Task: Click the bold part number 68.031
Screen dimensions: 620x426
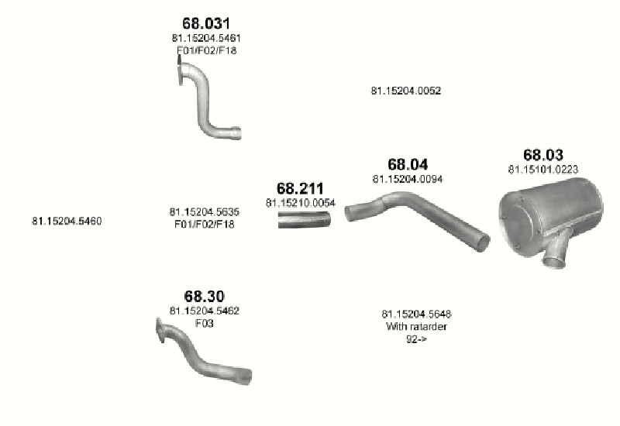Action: click(x=206, y=23)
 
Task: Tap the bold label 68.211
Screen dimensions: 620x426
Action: click(x=300, y=188)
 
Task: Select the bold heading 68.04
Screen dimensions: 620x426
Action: click(x=408, y=164)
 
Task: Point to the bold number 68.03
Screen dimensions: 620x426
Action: click(x=543, y=155)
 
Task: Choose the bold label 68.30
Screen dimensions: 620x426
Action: click(x=205, y=296)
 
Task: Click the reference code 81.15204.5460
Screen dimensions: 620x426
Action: click(x=67, y=221)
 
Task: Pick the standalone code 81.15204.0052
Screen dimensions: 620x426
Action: click(x=406, y=91)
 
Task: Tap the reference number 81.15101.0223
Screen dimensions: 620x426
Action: click(x=543, y=170)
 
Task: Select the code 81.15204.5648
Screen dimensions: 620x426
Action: click(x=417, y=314)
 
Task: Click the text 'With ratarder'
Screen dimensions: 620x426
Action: click(x=417, y=326)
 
